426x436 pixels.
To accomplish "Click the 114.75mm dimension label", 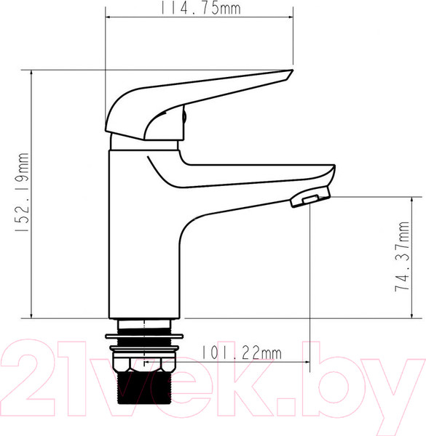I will [200, 9].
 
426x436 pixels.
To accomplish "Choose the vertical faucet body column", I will [143, 240].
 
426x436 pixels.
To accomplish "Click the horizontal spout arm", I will [255, 178].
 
